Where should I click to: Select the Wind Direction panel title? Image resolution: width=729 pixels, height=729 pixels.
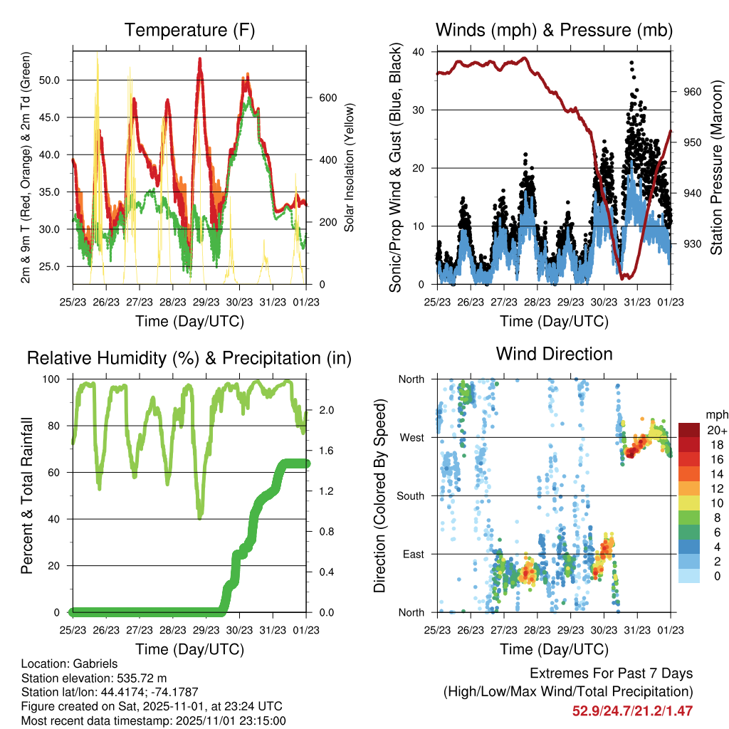(554, 354)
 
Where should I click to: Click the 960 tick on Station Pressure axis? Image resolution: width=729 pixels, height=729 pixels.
(693, 92)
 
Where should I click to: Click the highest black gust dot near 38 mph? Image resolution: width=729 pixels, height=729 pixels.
(631, 63)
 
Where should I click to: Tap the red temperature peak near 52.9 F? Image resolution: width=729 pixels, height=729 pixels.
(201, 60)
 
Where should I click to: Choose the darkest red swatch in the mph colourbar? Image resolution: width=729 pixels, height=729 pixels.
(689, 429)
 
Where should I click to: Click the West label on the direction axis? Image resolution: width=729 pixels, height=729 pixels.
(411, 437)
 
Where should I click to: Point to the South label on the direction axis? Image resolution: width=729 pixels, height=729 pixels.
(410, 495)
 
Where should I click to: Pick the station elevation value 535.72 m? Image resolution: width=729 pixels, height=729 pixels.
(140, 677)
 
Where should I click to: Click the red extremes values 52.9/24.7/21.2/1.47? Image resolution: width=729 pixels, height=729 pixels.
(632, 710)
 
